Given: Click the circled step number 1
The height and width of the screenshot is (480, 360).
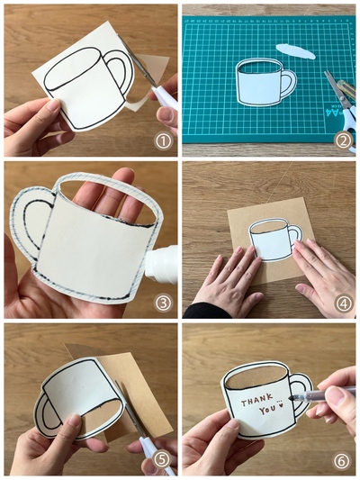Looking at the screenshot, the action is point(163,141).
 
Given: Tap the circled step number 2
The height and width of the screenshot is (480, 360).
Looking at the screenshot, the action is point(343,141).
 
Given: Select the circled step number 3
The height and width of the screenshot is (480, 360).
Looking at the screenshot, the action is point(163,303).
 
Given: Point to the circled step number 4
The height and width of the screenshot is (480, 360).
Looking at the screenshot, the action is point(343,303).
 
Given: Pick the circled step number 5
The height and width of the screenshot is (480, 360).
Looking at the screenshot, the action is point(163,460).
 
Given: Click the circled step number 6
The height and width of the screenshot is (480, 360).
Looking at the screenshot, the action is point(341,462).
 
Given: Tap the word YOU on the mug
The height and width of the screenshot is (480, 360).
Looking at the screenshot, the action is point(266,410).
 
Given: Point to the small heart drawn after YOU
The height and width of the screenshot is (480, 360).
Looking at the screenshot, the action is point(280,406).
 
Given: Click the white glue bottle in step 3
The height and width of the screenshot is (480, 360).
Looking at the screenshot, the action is point(161,265).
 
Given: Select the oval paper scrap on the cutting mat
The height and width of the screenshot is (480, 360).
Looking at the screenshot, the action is point(295,51).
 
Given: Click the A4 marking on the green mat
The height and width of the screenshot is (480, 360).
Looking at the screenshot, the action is point(335,112).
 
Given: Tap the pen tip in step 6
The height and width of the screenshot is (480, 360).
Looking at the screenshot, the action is point(291,398).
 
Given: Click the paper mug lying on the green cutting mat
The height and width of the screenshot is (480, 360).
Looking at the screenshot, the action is point(265,82).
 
